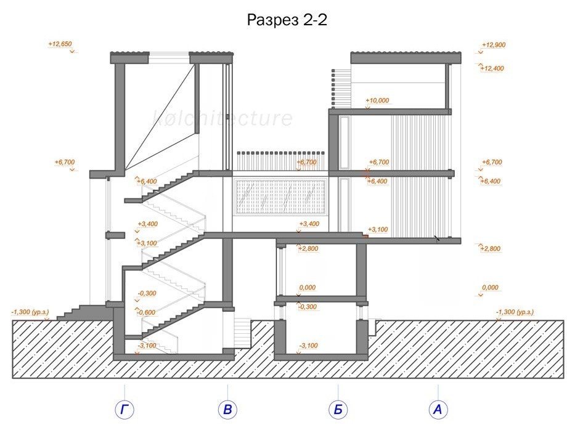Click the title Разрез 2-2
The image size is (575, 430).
tap(287, 20)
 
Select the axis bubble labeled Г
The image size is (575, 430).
tap(124, 409)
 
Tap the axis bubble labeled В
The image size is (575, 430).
tap(227, 409)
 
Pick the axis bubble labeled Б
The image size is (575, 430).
tap(338, 409)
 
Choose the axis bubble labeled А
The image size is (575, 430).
tap(438, 409)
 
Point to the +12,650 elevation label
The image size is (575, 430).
tap(60, 44)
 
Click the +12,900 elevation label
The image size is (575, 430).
tap(494, 45)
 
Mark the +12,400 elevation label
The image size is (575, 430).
tap(492, 68)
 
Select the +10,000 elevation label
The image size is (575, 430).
tap(377, 100)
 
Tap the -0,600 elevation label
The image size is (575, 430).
tap(146, 312)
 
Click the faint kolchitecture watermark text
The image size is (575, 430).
tap(222, 118)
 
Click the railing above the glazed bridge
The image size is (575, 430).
tap(280, 161)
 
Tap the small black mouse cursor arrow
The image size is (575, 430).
tap(436, 238)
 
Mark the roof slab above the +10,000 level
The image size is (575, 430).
tap(406, 58)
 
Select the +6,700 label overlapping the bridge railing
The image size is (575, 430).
tap(306, 162)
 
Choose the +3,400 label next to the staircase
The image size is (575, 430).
tap(148, 224)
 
